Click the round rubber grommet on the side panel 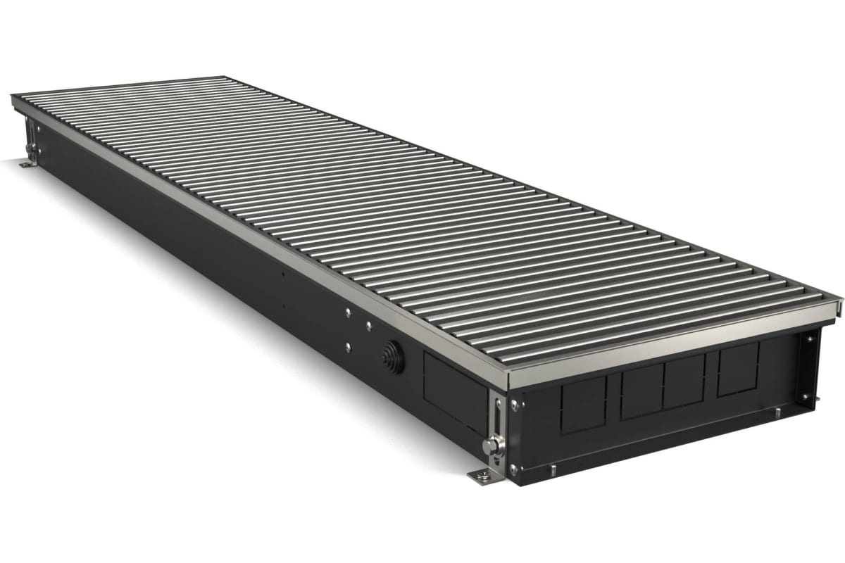click(x=392, y=358)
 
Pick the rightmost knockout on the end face click(x=737, y=369)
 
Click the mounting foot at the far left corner click(x=26, y=164)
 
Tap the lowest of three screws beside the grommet click(x=349, y=346)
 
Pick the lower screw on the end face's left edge click(x=513, y=467)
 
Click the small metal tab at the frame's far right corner click(x=839, y=304)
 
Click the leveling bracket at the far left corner click(x=30, y=137)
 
